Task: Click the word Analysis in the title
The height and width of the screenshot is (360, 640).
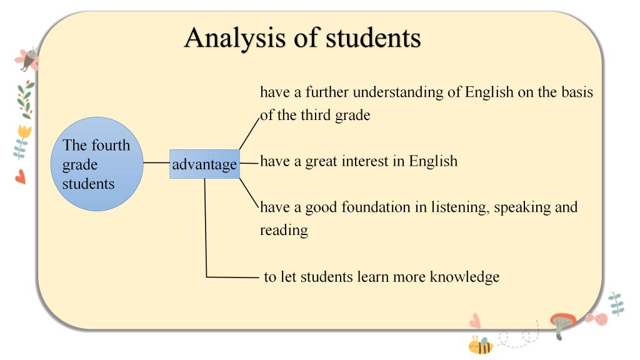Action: [x=235, y=38]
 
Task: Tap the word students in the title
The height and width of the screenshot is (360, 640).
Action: [x=373, y=37]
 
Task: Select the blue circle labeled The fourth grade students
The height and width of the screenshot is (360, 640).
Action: [x=97, y=164]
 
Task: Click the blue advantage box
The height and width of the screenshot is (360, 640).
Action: [x=204, y=164]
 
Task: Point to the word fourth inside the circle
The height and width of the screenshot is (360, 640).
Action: [x=111, y=145]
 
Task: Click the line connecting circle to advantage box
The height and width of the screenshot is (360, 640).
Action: [x=156, y=163]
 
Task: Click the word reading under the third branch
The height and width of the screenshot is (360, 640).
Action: [x=284, y=231]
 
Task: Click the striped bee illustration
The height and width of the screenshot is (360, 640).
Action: [x=481, y=345]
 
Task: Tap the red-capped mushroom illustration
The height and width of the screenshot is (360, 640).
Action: [x=562, y=325]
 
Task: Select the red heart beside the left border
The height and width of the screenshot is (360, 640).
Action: [x=21, y=177]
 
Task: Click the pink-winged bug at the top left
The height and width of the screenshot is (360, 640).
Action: [x=27, y=59]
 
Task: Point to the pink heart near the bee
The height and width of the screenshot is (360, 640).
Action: [x=475, y=321]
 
